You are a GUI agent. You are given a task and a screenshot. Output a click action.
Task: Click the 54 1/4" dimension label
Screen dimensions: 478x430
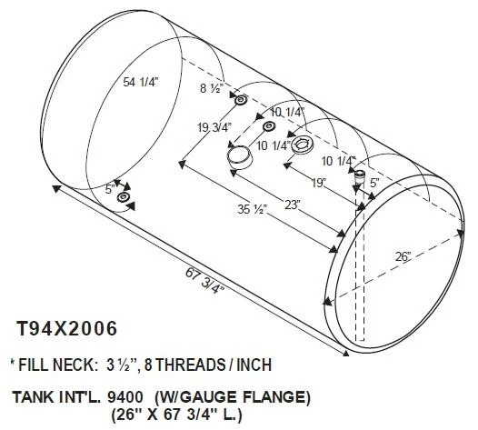coord(141,82)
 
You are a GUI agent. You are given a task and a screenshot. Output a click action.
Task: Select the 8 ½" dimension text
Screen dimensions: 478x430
coord(212,88)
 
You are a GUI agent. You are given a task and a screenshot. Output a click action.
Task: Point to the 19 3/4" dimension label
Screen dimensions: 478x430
coord(214,127)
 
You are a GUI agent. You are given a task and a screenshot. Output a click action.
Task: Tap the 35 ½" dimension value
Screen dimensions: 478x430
coord(253,209)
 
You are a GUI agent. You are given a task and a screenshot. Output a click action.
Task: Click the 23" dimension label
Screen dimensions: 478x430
coord(293,205)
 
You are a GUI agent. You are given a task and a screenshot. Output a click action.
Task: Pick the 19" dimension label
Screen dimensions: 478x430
coord(319,184)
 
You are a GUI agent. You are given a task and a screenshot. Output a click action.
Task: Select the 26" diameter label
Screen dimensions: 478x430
coord(403,256)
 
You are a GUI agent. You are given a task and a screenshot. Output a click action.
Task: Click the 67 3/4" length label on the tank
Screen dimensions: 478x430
coord(204,281)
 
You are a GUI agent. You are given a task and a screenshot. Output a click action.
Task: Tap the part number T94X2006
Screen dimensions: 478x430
coord(67,328)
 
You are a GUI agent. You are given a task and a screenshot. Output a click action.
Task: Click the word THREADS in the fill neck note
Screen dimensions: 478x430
coord(189,365)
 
